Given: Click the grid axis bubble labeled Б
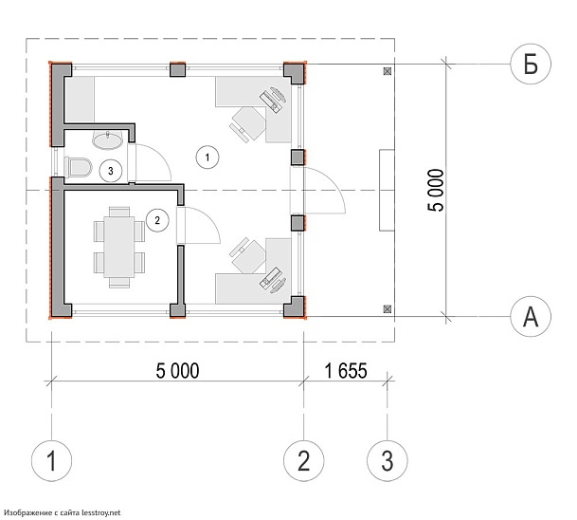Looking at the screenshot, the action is (x=531, y=64).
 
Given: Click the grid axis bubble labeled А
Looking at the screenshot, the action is (x=531, y=316).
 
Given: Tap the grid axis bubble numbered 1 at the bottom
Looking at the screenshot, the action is (x=51, y=460).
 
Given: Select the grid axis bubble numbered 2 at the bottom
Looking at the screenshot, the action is (x=303, y=460).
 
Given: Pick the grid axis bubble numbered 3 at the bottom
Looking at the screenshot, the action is (x=388, y=460).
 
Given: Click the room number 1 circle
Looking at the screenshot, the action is (x=207, y=158).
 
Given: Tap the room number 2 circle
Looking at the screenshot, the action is (x=157, y=220).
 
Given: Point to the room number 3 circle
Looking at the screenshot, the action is (x=111, y=171).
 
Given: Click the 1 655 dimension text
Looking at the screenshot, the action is (x=346, y=371).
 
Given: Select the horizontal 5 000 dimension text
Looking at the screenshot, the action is (x=177, y=371).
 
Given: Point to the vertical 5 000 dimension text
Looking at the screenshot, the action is (x=436, y=190).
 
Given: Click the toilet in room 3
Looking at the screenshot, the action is (x=78, y=168).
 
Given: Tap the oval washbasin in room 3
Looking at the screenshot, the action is (x=107, y=139).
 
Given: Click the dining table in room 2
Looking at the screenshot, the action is (x=118, y=247).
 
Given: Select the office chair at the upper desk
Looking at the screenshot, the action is (x=248, y=123).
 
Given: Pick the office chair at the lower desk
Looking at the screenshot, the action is (x=248, y=256).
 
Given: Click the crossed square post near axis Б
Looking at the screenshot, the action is (x=388, y=71).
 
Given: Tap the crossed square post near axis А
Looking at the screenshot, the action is (x=388, y=309).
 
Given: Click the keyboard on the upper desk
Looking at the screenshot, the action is (x=270, y=102).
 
